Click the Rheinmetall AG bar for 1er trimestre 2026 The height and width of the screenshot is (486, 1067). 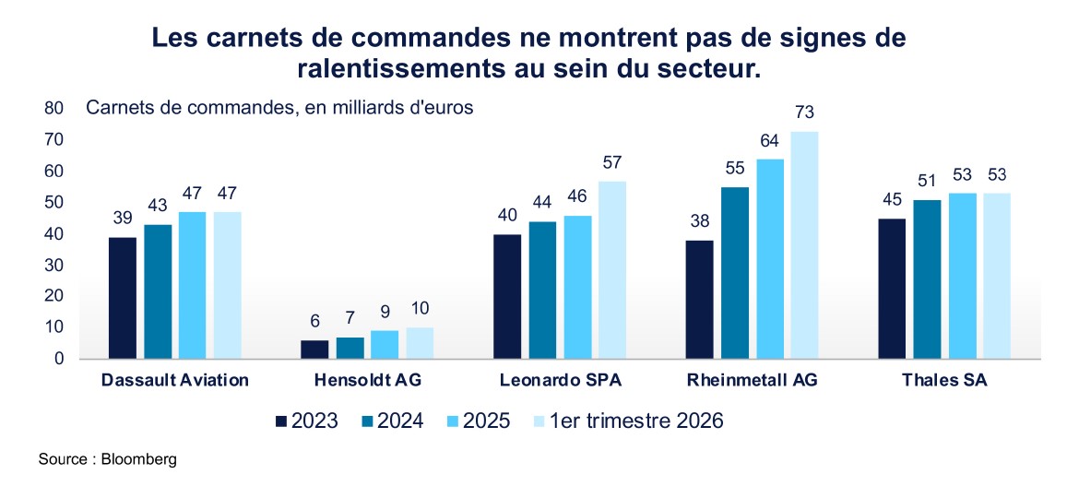click(x=803, y=245)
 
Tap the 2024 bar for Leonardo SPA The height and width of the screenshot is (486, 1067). click(x=542, y=290)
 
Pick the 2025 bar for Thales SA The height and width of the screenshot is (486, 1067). click(x=962, y=276)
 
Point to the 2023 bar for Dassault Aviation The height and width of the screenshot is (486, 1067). click(x=122, y=298)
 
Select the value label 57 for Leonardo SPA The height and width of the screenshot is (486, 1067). click(x=612, y=162)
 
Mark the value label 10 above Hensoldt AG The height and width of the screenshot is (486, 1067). click(x=420, y=309)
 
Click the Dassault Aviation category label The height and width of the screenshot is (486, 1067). click(x=175, y=380)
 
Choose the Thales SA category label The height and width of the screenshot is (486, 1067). click(x=944, y=380)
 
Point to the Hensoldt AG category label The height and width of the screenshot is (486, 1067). click(x=367, y=380)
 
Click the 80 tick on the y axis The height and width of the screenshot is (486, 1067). click(x=54, y=108)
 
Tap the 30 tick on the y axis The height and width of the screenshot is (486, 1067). click(x=54, y=265)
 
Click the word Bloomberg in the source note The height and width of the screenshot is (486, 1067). click(x=139, y=459)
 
